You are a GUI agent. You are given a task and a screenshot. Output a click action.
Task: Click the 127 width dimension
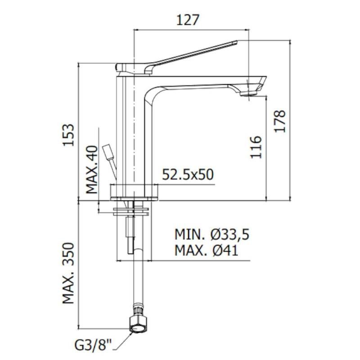(187, 20)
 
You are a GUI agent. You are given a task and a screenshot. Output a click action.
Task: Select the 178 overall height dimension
(280, 121)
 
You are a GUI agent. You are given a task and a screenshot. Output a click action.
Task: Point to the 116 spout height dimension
(256, 147)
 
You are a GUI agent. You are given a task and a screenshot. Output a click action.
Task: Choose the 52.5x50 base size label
(188, 175)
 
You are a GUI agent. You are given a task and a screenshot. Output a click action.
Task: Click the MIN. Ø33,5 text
(212, 234)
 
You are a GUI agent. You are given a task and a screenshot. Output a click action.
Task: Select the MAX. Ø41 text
(207, 250)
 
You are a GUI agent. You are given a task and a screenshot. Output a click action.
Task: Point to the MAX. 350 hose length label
(68, 273)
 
